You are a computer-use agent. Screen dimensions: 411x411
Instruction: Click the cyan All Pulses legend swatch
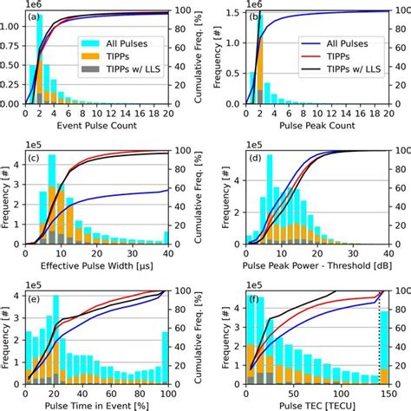point(89,41)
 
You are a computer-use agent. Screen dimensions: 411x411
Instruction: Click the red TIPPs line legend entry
point(301,54)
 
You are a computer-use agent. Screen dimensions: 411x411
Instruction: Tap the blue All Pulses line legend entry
point(301,40)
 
